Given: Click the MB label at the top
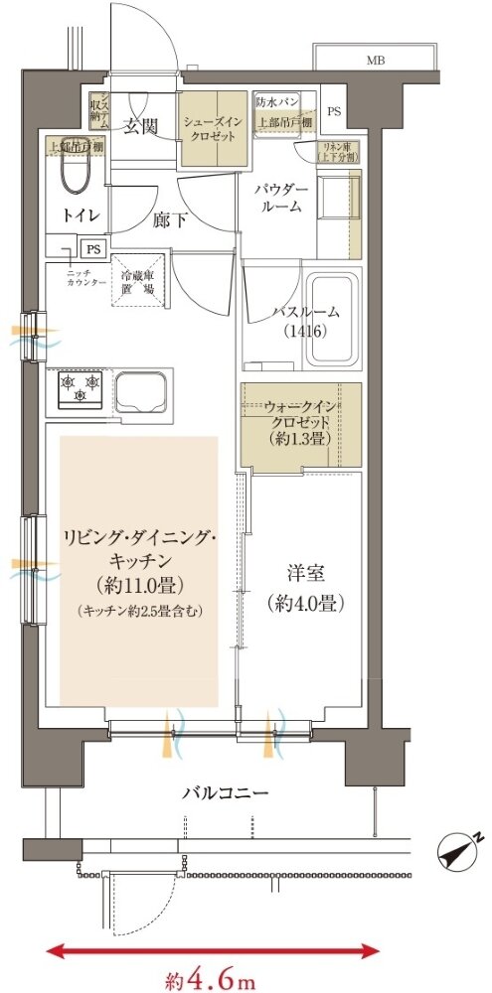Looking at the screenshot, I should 374,60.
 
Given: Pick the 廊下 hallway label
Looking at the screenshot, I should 168,222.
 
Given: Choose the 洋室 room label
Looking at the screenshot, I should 301,573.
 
